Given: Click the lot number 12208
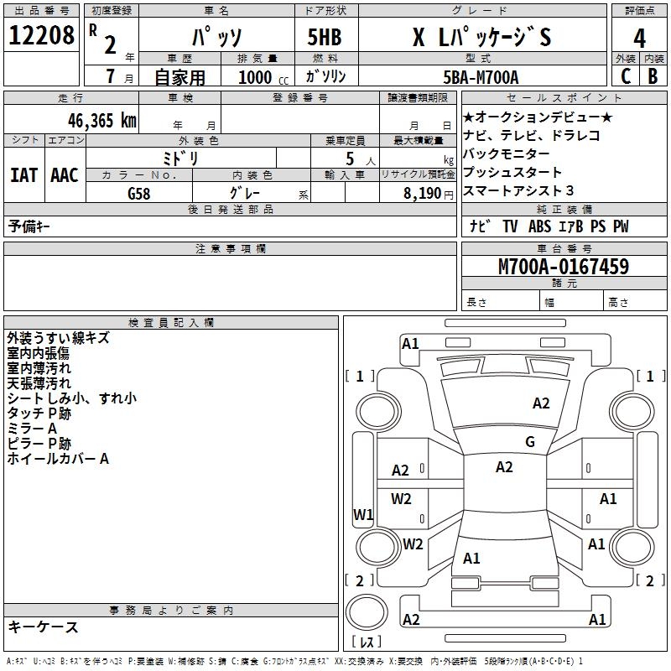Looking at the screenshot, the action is pos(41,35).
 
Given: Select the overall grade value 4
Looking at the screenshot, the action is pos(639,39).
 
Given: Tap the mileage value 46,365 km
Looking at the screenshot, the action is pos(101,121).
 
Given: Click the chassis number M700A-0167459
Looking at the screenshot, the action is pos(564,267).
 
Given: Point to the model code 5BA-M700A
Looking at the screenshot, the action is pos(481,77).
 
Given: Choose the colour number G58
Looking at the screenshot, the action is pos(139,194).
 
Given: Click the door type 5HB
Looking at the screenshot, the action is pos(325,37).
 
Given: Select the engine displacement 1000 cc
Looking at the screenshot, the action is pos(263,77).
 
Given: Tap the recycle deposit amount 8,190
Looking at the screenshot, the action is pos(423,194).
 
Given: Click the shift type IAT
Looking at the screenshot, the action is pos(24,175).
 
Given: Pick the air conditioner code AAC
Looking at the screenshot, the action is pos(65,175).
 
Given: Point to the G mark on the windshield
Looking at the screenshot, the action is pos(530,441).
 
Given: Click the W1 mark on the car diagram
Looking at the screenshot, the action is pos(363,514).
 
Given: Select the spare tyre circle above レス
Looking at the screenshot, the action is pos(367,612).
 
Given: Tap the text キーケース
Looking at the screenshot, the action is pos(44,627).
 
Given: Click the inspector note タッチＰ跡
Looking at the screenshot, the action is pos(39,414).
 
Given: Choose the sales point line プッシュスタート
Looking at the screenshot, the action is pos(512,172).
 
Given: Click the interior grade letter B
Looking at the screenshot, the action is pos(653,76).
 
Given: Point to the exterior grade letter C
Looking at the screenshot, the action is pos(626,76).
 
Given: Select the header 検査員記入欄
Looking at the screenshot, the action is pos(171,323).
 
